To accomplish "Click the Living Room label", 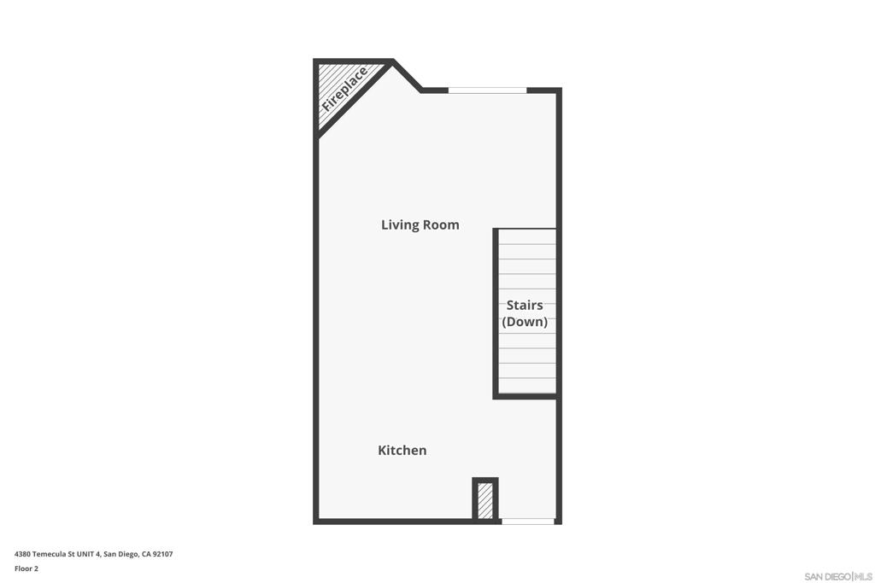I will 420,224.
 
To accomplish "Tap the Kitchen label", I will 402,450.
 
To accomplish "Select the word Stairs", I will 525,305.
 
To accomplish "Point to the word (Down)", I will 525,322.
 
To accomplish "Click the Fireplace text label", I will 344,90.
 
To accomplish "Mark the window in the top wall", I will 487,90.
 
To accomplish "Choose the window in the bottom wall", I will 527,521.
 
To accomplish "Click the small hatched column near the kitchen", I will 484,500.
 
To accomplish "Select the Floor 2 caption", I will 26,568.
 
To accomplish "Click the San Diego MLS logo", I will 838,576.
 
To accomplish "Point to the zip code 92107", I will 162,554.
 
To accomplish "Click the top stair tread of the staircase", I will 526,237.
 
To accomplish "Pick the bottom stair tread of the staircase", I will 526,386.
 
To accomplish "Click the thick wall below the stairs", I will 526,396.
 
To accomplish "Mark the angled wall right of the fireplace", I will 407,75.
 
